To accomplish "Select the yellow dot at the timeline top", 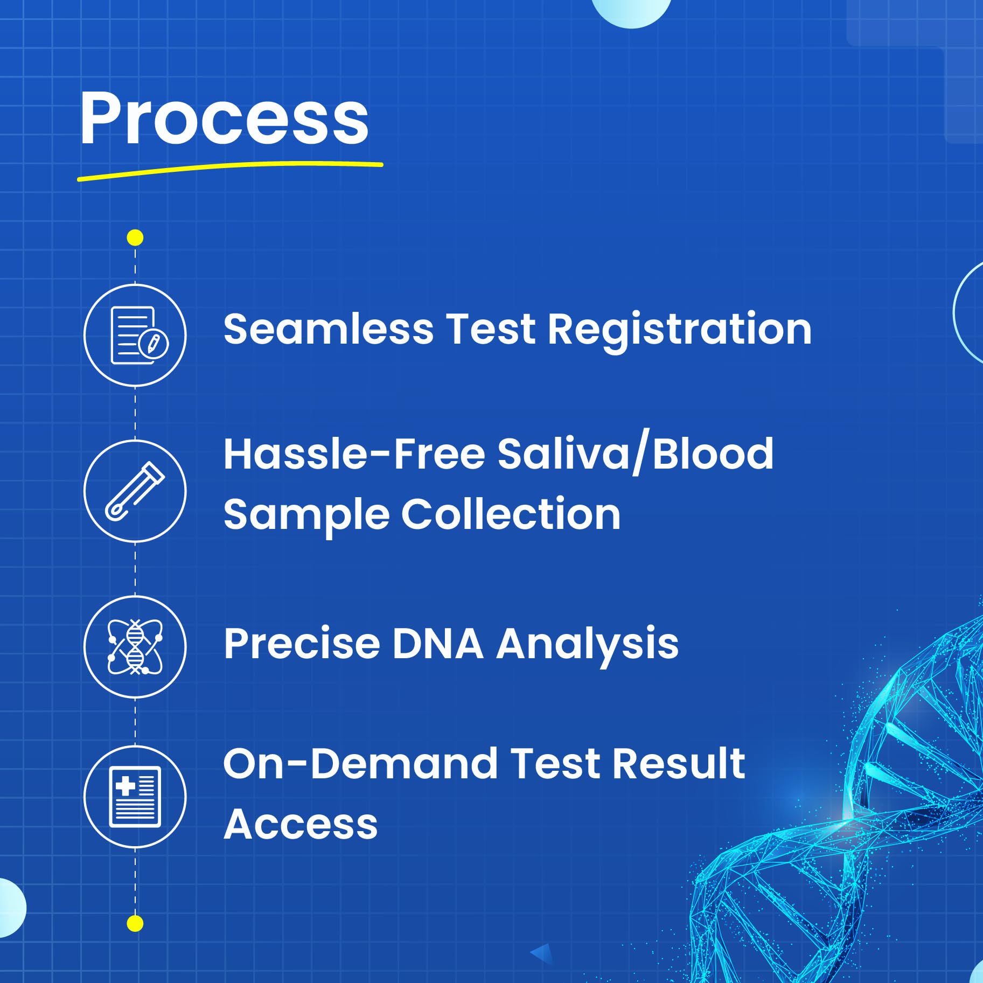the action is (x=135, y=238).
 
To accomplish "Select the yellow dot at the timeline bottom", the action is (x=135, y=924).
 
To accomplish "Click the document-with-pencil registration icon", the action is (x=139, y=335).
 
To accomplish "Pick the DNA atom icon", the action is (x=135, y=646).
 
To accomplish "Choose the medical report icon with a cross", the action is (x=135, y=797).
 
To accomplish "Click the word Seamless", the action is (x=329, y=329).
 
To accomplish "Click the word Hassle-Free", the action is (x=354, y=454).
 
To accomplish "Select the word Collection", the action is (x=511, y=514).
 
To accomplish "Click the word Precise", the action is (x=302, y=644).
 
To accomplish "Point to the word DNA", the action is (x=438, y=644).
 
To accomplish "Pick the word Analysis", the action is (x=588, y=646).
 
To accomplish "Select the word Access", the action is (x=301, y=825).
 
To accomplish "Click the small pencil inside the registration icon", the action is (x=154, y=343).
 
